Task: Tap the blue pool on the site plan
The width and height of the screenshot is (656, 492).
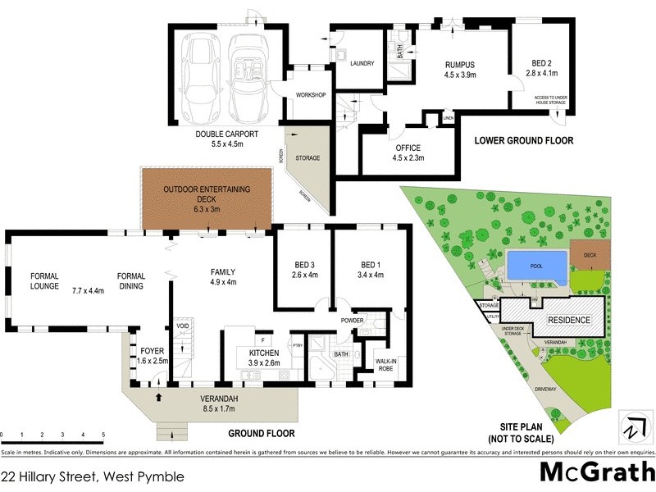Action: click(538, 266)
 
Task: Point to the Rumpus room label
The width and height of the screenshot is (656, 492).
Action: click(460, 65)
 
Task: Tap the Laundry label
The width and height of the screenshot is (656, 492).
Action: click(362, 63)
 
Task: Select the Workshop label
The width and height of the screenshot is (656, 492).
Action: click(312, 95)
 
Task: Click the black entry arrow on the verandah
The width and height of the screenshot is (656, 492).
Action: click(158, 399)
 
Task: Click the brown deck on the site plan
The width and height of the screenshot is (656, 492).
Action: click(590, 255)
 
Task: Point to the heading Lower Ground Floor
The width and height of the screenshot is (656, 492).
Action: click(524, 140)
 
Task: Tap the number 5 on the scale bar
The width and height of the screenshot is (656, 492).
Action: click(103, 435)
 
